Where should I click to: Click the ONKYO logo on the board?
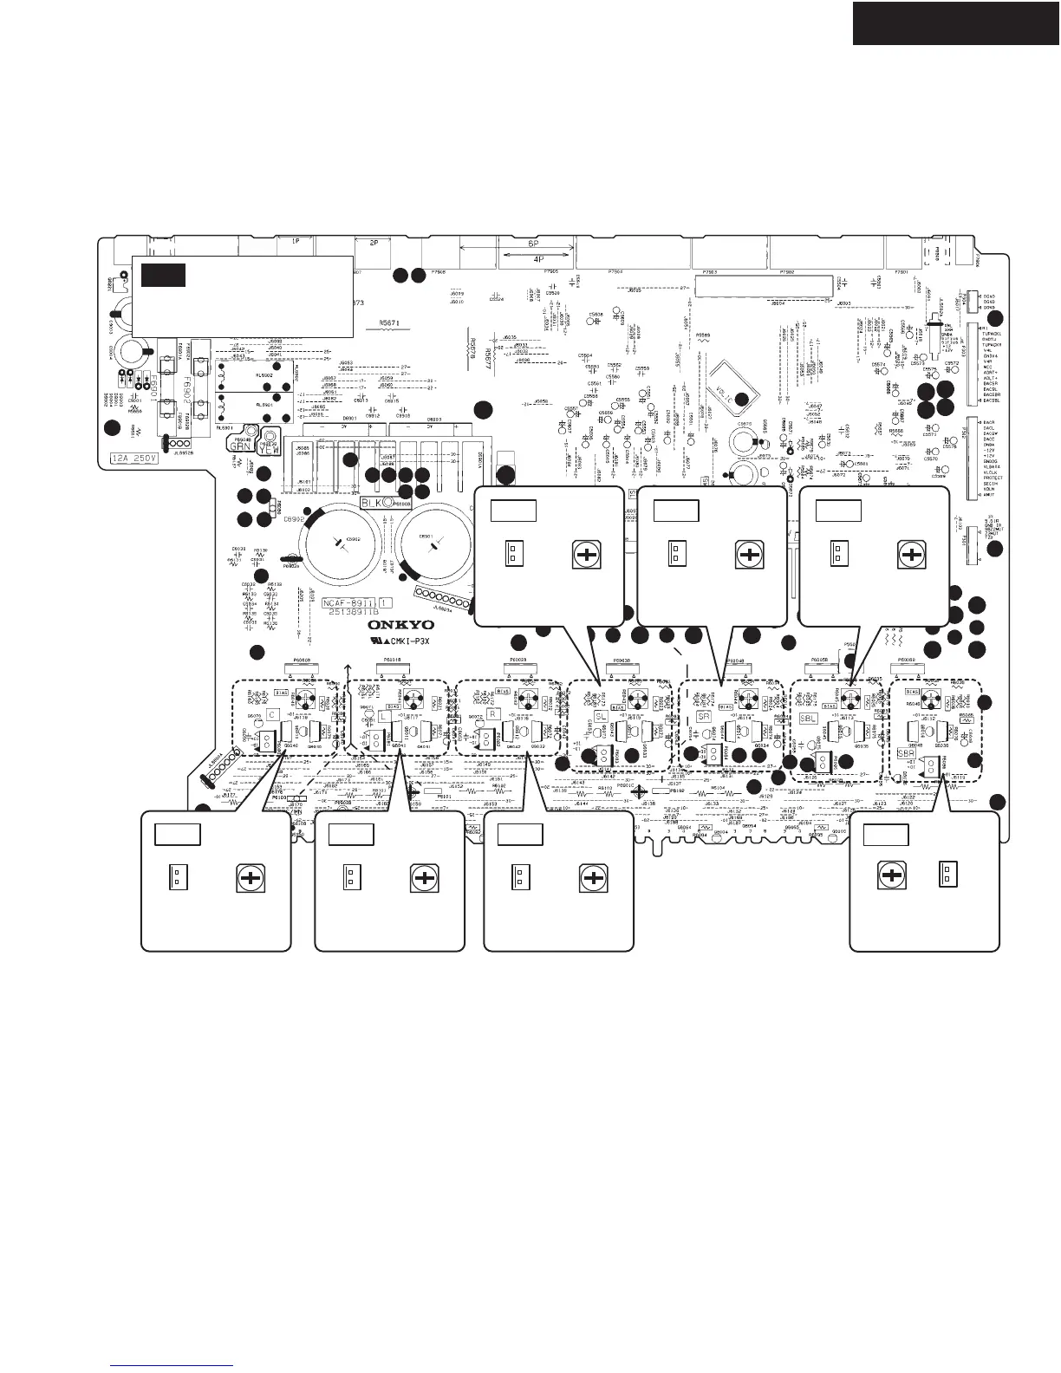click(400, 624)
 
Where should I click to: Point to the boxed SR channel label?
click(704, 717)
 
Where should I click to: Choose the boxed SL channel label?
click(600, 715)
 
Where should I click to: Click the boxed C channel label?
click(272, 714)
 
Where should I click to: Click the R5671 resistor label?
click(394, 321)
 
